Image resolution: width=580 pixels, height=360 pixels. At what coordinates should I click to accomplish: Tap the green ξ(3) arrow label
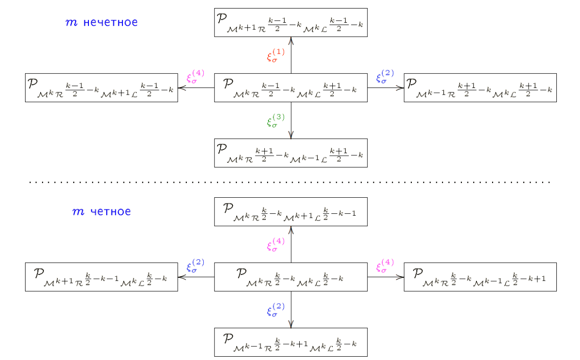[x=276, y=121]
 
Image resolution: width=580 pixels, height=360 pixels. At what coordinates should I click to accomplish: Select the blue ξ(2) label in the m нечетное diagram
[x=385, y=77]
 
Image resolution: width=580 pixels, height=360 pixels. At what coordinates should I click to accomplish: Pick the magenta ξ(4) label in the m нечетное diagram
[x=196, y=77]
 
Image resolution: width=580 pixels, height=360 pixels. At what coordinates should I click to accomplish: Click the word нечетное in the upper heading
[x=111, y=22]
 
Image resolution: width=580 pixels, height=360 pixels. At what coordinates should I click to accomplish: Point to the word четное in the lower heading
[x=110, y=211]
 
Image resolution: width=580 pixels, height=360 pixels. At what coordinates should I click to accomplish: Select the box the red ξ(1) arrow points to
[x=291, y=22]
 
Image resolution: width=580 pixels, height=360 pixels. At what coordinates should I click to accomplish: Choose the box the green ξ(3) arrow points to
[x=291, y=153]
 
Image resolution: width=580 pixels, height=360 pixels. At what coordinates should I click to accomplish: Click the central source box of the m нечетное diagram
[x=291, y=88]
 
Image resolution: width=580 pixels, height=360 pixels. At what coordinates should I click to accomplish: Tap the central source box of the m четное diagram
[x=291, y=277]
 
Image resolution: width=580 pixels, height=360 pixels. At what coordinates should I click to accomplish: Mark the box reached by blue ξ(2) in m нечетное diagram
[x=480, y=88]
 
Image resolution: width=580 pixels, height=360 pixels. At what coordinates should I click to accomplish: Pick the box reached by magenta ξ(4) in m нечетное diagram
[x=102, y=88]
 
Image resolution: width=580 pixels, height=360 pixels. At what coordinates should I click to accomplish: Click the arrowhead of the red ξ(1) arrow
[x=291, y=40]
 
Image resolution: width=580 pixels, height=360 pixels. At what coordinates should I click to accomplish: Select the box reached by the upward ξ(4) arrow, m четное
[x=291, y=211]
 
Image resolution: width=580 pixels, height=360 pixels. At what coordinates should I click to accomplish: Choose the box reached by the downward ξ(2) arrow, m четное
[x=291, y=342]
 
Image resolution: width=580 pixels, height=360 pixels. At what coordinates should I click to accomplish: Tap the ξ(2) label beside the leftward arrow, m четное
[x=196, y=266]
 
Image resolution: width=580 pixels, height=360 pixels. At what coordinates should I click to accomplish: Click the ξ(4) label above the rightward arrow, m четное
[x=385, y=266]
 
